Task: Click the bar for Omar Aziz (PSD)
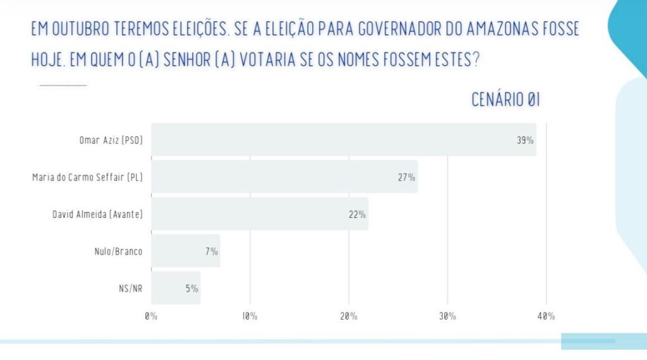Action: click(343, 140)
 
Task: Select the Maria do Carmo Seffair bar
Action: click(284, 177)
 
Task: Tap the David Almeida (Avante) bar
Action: click(259, 214)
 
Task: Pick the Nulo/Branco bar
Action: click(185, 251)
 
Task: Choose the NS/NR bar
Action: click(176, 289)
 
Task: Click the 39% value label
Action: click(525, 140)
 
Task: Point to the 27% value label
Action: click(406, 177)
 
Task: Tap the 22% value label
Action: click(357, 215)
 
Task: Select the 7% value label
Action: click(211, 252)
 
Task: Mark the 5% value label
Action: click(191, 289)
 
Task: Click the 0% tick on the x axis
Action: click(150, 316)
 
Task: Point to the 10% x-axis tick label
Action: click(249, 316)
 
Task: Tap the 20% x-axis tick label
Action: click(348, 316)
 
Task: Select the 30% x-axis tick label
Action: click(447, 316)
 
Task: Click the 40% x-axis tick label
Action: click(547, 316)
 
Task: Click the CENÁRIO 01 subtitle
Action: click(505, 100)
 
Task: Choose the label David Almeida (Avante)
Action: click(97, 215)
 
